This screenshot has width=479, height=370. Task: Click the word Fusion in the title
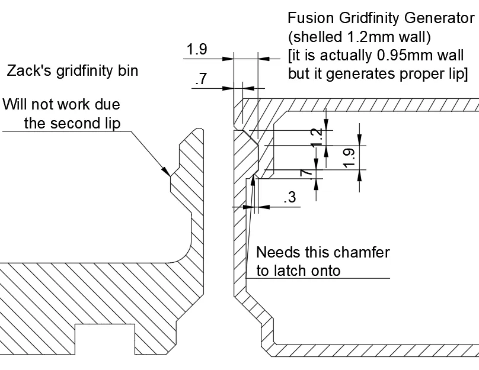click(x=311, y=18)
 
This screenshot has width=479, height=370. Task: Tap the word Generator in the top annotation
click(x=439, y=18)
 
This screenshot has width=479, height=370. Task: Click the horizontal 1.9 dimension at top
click(x=197, y=49)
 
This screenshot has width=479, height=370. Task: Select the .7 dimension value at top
click(x=201, y=79)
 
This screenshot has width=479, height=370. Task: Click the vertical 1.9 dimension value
click(x=349, y=158)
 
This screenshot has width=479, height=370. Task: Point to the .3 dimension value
click(x=290, y=197)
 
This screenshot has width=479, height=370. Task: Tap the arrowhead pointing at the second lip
click(x=167, y=172)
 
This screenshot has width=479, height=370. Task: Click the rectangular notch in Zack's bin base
click(x=105, y=339)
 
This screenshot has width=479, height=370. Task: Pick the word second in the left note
click(x=73, y=123)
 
